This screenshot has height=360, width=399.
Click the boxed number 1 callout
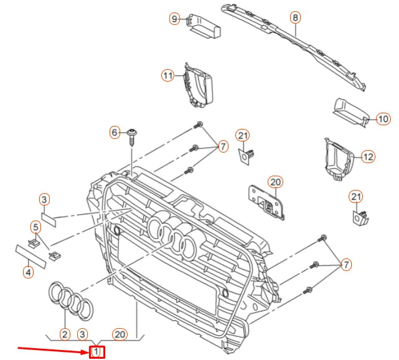coord(96,353)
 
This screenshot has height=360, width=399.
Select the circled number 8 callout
coord(295,18)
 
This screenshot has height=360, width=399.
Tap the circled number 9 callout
coord(174,19)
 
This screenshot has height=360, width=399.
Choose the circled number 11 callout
coord(167,75)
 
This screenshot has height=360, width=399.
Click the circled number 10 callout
coord(383,118)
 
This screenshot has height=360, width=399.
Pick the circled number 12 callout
coord(368,156)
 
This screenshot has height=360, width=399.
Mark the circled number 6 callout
coord(115,132)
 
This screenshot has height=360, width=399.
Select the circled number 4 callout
coord(27,272)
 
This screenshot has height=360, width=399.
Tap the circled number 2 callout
coord(64,334)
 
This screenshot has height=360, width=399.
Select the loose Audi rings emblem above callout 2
coord(70,299)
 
